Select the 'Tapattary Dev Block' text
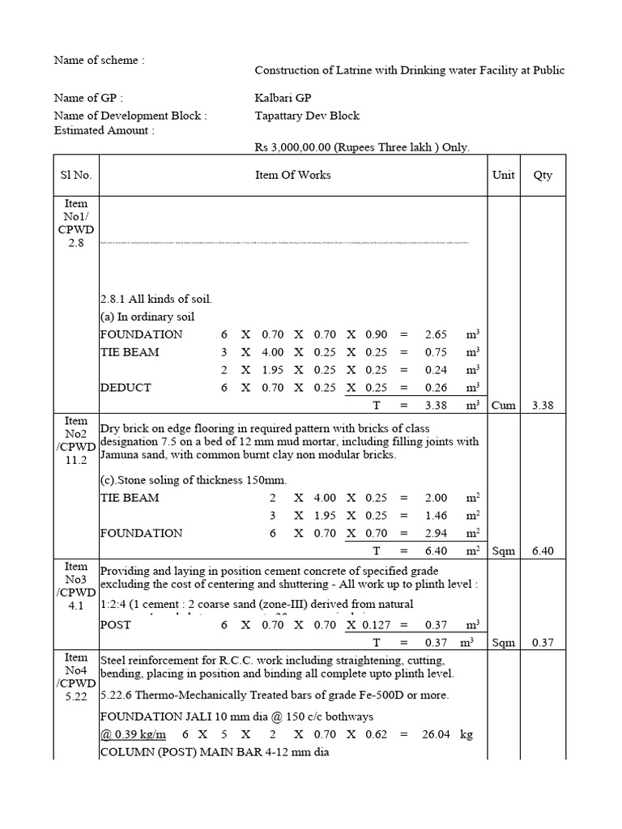click(307, 116)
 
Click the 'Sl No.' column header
click(76, 175)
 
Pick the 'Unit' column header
click(503, 175)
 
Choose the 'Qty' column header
click(543, 175)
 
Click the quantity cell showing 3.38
click(543, 406)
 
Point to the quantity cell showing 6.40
click(543, 551)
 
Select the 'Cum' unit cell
click(503, 406)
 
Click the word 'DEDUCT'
click(126, 388)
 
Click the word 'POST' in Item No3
click(115, 625)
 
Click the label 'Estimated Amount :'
click(104, 130)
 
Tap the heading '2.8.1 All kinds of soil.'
click(155, 299)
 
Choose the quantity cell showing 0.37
click(543, 643)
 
